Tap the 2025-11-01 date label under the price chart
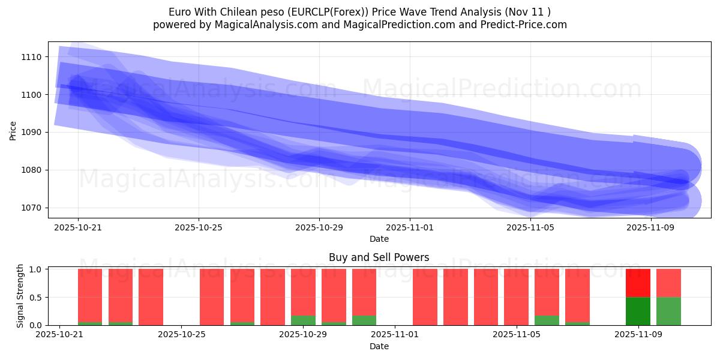tap(410, 227)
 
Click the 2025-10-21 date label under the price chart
tap(78, 227)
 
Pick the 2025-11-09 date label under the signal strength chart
tap(638, 335)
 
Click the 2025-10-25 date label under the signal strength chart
tap(181, 335)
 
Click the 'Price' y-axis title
tap(13, 130)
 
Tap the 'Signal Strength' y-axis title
tap(20, 296)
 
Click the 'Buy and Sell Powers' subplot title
tap(379, 257)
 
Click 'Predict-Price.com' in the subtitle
tap(524, 25)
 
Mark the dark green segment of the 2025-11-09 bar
tap(638, 311)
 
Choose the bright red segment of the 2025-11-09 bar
tap(638, 283)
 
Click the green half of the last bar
tap(668, 311)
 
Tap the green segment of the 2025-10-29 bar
tap(303, 320)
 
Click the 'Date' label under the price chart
tap(379, 239)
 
